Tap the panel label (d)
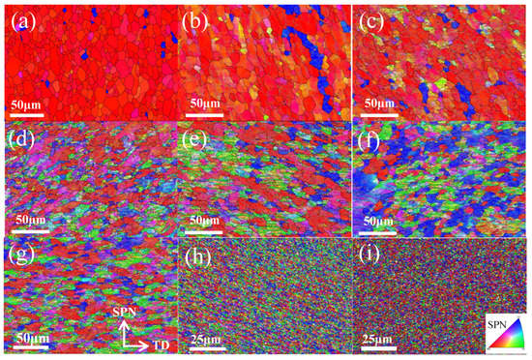tap(21, 137)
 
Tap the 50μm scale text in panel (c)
tap(381, 104)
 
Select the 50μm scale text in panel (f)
tap(381, 222)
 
